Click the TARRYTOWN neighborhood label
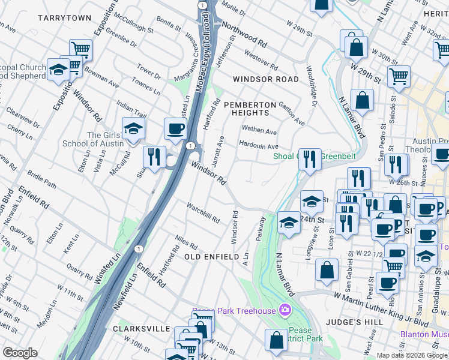tap(64, 18)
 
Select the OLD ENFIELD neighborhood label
tap(212, 257)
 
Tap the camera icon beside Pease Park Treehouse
tap(285, 310)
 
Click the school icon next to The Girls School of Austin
tap(133, 128)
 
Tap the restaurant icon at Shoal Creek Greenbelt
tap(310, 159)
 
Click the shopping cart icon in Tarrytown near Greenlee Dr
tap(80, 49)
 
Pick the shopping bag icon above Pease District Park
tap(276, 340)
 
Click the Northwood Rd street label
tap(244, 35)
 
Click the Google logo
tap(20, 353)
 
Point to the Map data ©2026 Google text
tap(411, 355)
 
